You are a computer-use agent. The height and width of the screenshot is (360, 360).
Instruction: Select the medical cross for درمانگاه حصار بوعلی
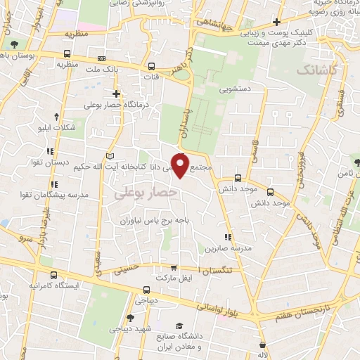(117, 94)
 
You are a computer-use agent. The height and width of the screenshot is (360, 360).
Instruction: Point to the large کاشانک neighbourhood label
(317, 70)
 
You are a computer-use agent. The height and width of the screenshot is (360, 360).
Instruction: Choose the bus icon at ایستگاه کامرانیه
(55, 274)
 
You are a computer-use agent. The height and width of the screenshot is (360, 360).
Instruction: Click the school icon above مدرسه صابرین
(226, 237)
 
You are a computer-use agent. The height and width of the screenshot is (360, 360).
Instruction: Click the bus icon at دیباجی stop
(146, 290)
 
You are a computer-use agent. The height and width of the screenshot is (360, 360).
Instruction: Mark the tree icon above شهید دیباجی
(131, 318)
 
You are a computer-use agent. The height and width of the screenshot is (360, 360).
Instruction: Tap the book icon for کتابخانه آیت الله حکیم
(108, 155)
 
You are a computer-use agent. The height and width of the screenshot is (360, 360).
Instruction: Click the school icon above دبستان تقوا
(50, 151)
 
